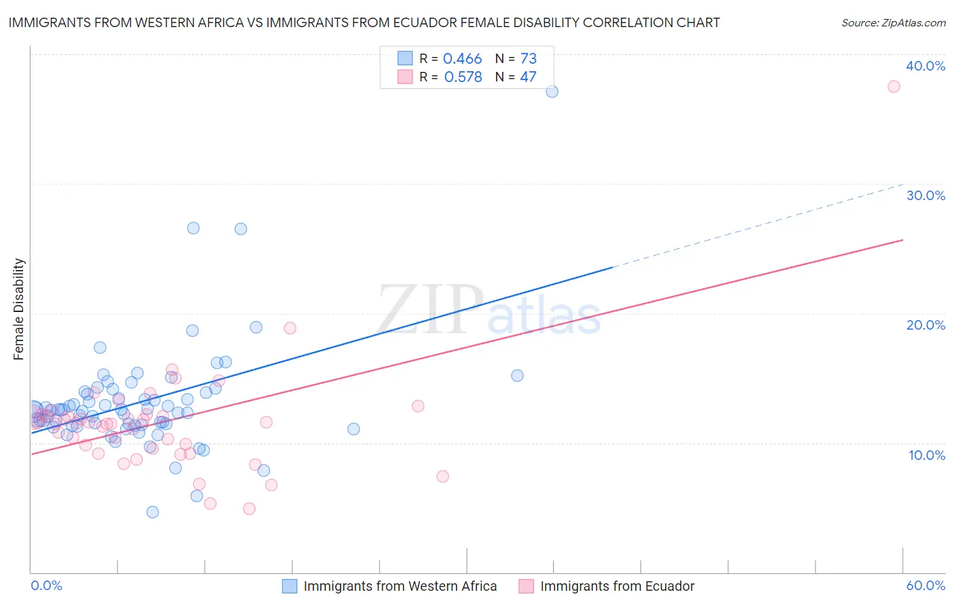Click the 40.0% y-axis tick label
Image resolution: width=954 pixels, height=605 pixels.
coord(926,66)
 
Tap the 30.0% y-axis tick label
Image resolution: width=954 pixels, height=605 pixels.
coord(926,195)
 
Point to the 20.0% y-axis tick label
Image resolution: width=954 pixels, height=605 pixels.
coord(926,325)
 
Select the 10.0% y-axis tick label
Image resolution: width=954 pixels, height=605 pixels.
coord(927,455)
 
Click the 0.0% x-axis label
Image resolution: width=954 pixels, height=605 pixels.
coord(46,585)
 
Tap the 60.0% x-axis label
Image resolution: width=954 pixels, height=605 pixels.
coord(926,585)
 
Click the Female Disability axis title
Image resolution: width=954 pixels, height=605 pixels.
coord(19,309)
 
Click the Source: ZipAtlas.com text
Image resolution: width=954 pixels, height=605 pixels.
coord(893,22)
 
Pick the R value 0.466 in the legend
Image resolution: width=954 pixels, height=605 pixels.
coord(462,58)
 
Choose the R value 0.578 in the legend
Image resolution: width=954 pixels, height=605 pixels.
coord(463,77)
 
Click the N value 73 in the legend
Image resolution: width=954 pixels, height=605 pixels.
coord(529,58)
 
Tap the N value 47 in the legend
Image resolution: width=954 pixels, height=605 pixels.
coord(528,77)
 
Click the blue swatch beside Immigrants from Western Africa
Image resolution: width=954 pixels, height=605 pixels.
coord(290,586)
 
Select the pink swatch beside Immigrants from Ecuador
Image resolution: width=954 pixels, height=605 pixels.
coord(527,586)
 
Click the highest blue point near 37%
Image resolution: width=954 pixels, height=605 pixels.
coord(552,92)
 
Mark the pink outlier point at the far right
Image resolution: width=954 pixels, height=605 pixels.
coord(894,86)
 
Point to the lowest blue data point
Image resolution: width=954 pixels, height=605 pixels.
coord(153,512)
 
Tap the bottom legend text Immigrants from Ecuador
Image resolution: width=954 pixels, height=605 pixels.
coord(617,586)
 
